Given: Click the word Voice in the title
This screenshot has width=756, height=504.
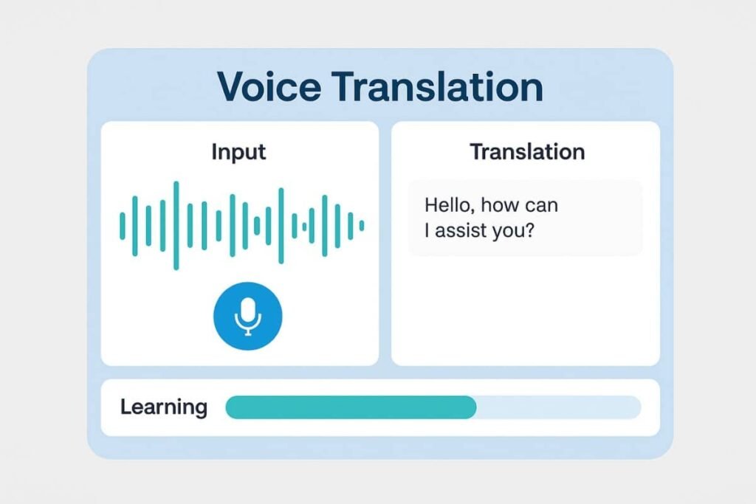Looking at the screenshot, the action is [269, 87].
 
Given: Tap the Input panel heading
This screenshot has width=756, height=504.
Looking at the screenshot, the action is [238, 152].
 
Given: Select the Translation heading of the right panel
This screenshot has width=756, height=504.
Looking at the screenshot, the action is [527, 152].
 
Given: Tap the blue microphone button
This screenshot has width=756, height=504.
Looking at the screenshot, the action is [248, 316].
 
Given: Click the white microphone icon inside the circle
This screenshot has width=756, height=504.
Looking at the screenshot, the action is [248, 316].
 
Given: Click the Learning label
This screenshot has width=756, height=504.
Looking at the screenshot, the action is [164, 407].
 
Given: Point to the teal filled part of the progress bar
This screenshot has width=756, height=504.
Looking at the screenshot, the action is [351, 407].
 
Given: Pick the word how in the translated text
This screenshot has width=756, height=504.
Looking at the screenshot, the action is [500, 205].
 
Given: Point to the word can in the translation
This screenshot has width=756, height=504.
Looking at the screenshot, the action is [541, 206].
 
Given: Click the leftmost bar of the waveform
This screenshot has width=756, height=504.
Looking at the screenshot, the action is [123, 226].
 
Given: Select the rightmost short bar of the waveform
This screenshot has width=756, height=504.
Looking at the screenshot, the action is [362, 226].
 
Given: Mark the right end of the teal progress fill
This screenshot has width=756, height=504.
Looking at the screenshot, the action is [476, 407].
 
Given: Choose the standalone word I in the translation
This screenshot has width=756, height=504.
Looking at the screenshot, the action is [427, 230].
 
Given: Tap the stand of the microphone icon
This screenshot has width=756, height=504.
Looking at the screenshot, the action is [248, 331].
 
